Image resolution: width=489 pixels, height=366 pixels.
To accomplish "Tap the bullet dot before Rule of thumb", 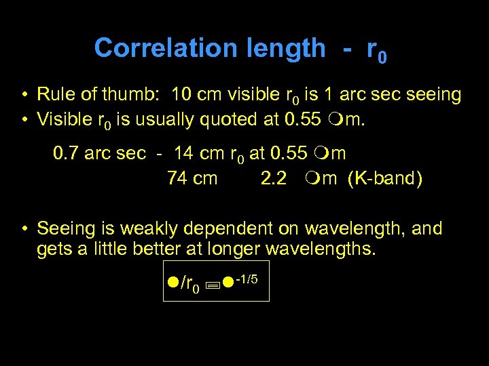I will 24,94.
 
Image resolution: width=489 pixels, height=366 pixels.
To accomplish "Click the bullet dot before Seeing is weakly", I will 24,228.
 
